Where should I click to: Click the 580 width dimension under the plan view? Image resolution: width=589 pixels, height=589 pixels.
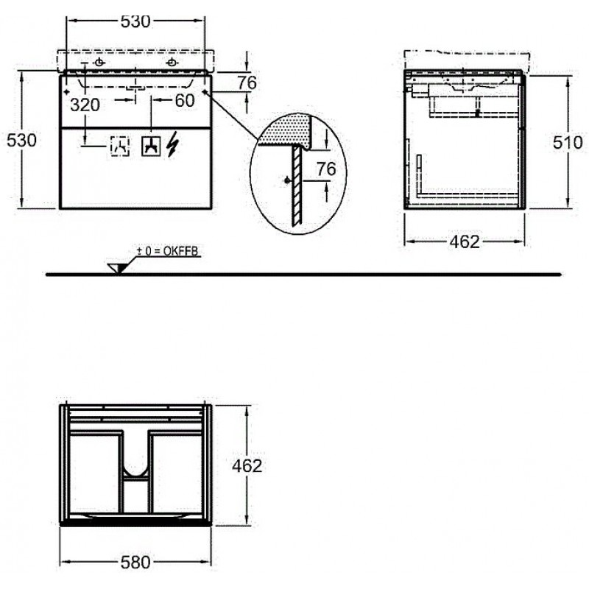click(135, 562)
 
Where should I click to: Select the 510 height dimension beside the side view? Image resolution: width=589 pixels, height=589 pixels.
click(568, 142)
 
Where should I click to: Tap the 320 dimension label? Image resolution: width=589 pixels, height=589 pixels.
click(85, 105)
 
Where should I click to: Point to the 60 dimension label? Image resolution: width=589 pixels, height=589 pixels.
click(185, 100)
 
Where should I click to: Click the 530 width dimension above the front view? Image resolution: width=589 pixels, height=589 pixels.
click(135, 21)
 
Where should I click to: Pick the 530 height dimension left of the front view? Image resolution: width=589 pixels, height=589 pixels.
click(22, 141)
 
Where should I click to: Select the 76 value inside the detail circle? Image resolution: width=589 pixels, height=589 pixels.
click(326, 169)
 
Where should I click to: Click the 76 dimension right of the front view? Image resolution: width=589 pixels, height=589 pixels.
click(247, 82)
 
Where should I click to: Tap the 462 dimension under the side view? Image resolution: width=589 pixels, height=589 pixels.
click(465, 242)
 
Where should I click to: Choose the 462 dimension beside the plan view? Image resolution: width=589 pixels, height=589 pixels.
click(247, 466)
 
